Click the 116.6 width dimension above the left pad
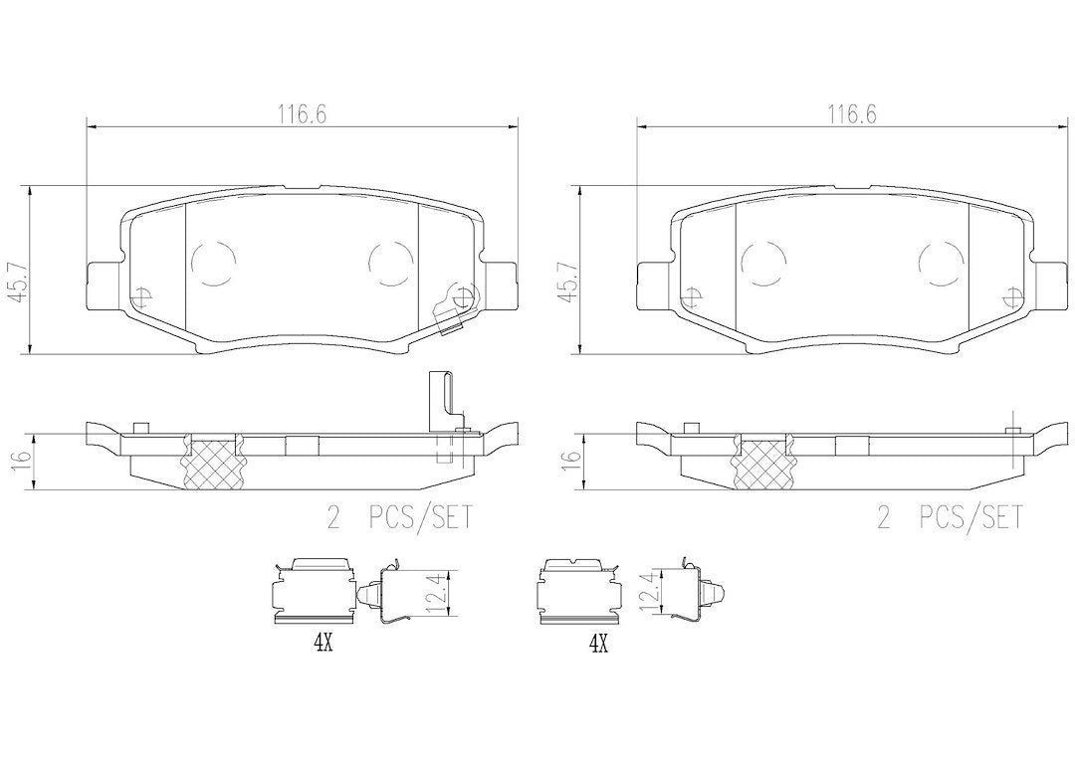pyautogui.click(x=302, y=114)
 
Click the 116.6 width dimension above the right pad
pyautogui.click(x=852, y=114)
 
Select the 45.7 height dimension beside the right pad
pyautogui.click(x=568, y=281)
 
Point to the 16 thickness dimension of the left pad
pyautogui.click(x=19, y=461)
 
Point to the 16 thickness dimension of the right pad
pyautogui.click(x=568, y=461)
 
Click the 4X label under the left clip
pyautogui.click(x=322, y=643)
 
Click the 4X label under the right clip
pyautogui.click(x=598, y=643)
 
